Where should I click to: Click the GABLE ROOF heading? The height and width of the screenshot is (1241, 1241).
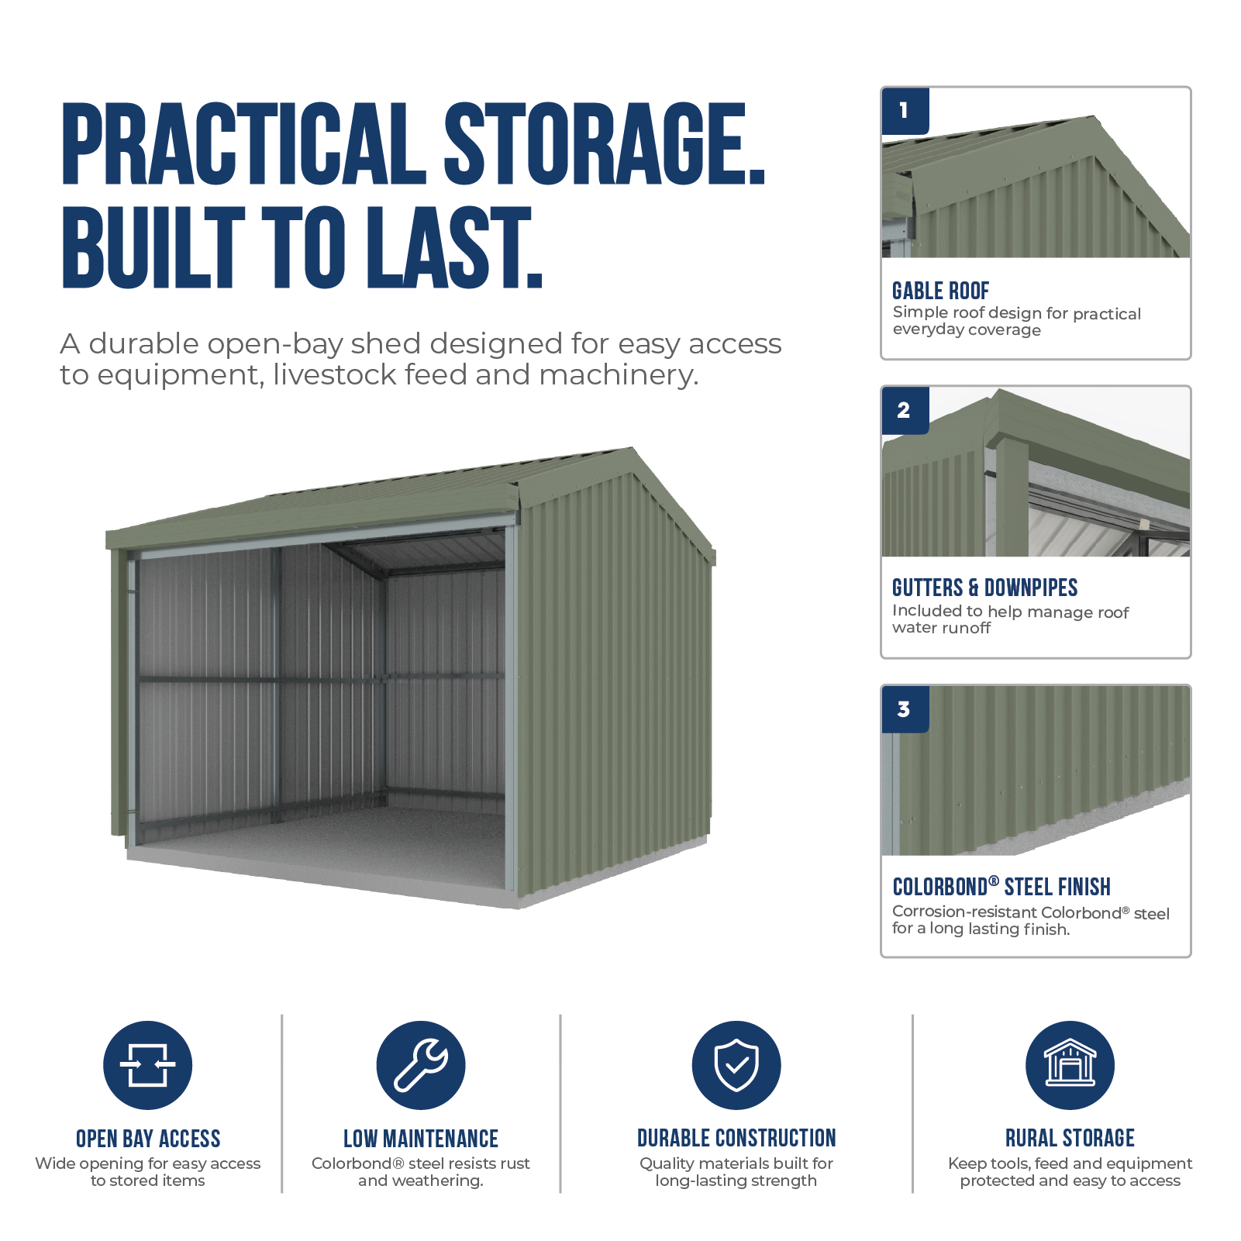click(940, 291)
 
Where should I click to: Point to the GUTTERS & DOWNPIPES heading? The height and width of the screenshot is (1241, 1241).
click(984, 588)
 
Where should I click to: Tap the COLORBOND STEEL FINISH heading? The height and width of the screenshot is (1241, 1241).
click(1001, 887)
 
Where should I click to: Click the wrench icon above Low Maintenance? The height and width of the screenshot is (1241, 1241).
click(421, 1065)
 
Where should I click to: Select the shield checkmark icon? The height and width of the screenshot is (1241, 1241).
click(736, 1065)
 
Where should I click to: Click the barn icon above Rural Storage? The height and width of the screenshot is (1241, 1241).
click(1070, 1065)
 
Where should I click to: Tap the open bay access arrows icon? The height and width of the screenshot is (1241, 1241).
click(148, 1065)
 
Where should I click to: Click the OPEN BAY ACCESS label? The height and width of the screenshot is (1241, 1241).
click(148, 1139)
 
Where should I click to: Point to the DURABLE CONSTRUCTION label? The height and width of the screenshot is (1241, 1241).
click(736, 1138)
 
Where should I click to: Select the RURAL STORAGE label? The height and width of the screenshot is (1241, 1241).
click(1070, 1138)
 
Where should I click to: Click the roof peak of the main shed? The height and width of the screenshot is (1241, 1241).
click(633, 448)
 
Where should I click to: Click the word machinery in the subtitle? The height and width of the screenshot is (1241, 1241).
click(619, 375)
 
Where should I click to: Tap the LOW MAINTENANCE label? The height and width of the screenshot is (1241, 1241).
click(421, 1139)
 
